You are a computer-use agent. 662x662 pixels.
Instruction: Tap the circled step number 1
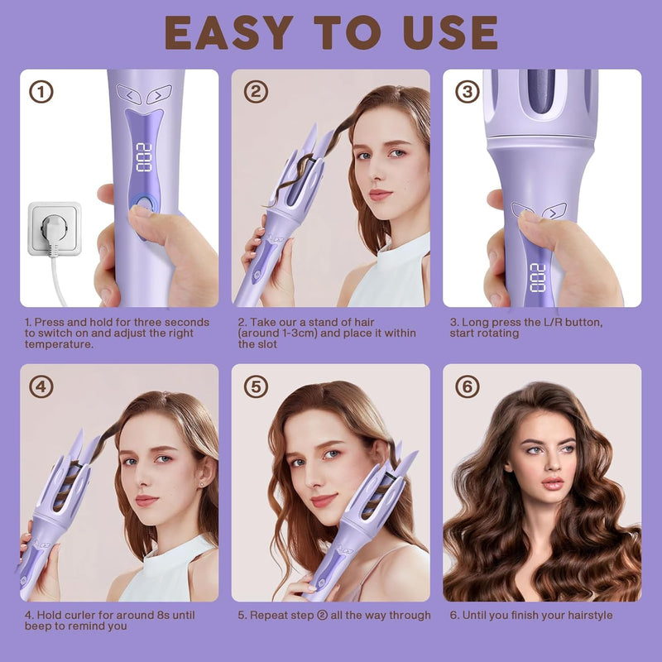pos(41,91)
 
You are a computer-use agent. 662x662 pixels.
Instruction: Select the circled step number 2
pos(255,91)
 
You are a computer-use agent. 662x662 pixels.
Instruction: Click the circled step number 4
pos(41,386)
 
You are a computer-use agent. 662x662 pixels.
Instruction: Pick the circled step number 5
pos(255,386)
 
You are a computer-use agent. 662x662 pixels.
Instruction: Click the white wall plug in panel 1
pos(55,228)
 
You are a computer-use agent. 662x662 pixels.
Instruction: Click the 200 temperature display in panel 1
pos(143,156)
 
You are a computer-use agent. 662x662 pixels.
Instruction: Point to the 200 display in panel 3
pos(538,277)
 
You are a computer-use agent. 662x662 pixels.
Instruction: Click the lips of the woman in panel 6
pos(553,482)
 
